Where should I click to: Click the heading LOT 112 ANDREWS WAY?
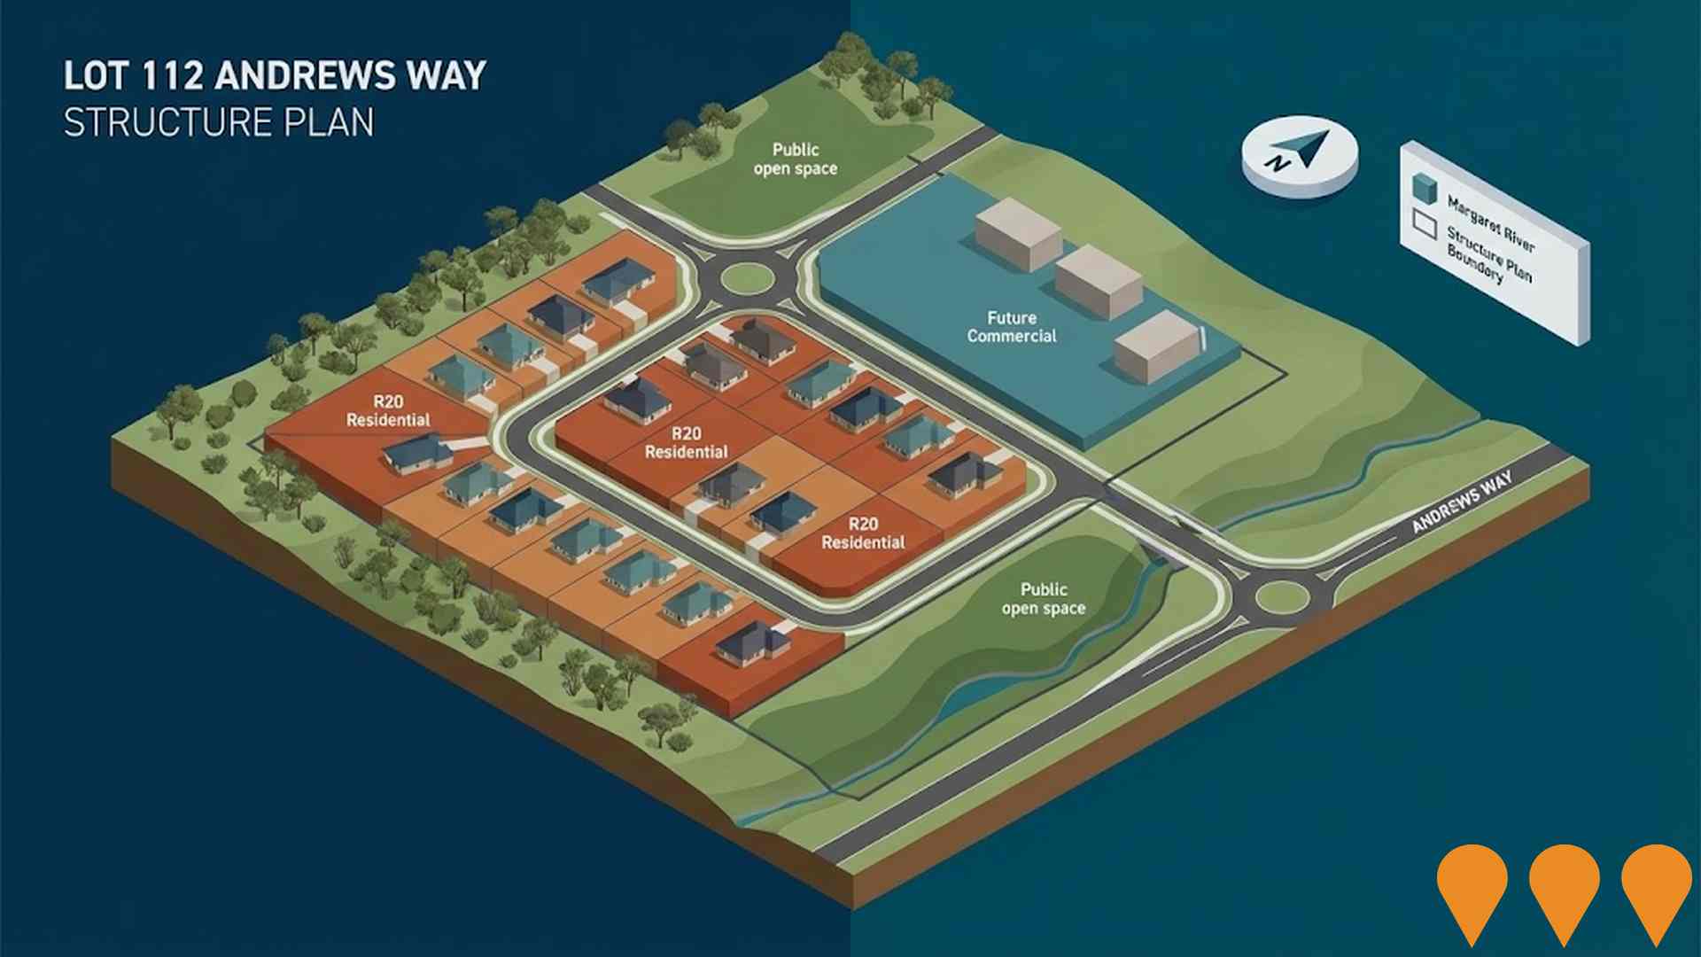pyautogui.click(x=275, y=75)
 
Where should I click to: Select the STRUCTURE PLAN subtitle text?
pyautogui.click(x=219, y=122)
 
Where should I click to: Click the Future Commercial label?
pyautogui.click(x=1012, y=327)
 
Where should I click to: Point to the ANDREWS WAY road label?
pyautogui.click(x=1462, y=502)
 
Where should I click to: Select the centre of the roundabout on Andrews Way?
pyautogui.click(x=1282, y=597)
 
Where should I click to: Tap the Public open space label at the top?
pyautogui.click(x=795, y=159)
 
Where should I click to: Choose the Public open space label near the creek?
pyautogui.click(x=1044, y=598)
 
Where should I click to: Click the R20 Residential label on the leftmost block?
pyautogui.click(x=388, y=411)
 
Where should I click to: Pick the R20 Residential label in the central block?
pyautogui.click(x=686, y=443)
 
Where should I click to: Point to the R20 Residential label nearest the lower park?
pyautogui.click(x=863, y=533)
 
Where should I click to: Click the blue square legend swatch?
pyautogui.click(x=1424, y=187)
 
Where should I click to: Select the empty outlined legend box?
pyautogui.click(x=1424, y=225)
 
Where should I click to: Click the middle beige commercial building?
pyautogui.click(x=1099, y=282)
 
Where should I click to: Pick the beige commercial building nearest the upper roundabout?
pyautogui.click(x=1018, y=234)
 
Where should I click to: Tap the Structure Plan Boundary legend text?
pyautogui.click(x=1488, y=255)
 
